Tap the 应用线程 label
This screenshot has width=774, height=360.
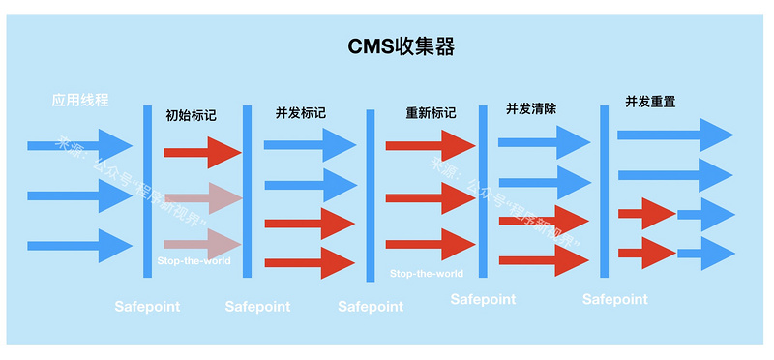(x=80, y=100)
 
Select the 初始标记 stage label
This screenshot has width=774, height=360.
(x=191, y=114)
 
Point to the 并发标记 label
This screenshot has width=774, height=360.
(x=300, y=113)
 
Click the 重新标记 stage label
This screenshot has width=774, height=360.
(x=431, y=113)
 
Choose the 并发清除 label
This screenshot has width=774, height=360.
(x=531, y=108)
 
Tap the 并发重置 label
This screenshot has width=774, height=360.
(x=649, y=101)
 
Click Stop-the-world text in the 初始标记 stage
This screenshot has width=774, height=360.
(x=193, y=260)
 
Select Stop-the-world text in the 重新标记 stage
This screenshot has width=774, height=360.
(x=427, y=274)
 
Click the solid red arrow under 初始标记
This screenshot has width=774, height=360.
(x=201, y=152)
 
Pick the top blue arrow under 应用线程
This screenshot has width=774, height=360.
(x=78, y=146)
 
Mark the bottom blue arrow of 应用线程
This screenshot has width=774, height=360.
(x=78, y=246)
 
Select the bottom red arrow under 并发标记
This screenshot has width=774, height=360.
(x=310, y=262)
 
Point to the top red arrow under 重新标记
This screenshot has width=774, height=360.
(x=430, y=145)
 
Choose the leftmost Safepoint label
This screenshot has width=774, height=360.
(x=147, y=307)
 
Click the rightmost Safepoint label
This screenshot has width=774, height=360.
(x=614, y=300)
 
